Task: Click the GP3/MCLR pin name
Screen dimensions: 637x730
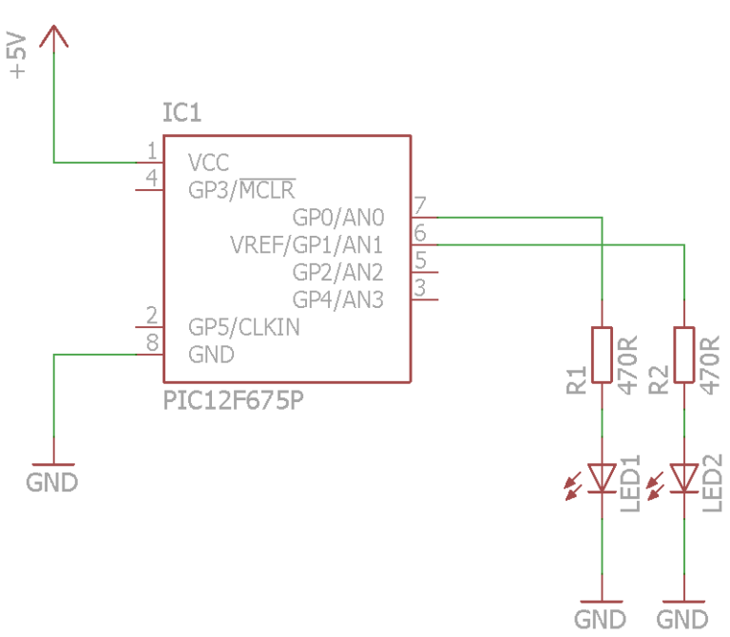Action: [242, 189]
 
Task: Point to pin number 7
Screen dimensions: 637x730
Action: [419, 205]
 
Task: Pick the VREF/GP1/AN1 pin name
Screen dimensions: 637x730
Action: [306, 244]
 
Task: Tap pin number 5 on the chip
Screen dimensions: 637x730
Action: [419, 260]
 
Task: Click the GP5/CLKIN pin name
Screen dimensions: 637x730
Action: [244, 327]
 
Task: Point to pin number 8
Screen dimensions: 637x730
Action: [151, 342]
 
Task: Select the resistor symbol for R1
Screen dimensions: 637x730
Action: [603, 355]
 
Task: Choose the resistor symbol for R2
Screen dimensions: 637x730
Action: [684, 355]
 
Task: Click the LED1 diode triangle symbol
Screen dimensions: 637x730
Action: [603, 477]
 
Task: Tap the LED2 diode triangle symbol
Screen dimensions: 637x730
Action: [684, 477]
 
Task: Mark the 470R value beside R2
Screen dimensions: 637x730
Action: [711, 361]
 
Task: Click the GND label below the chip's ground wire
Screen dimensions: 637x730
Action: [52, 482]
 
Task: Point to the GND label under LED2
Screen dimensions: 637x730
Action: [683, 620]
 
